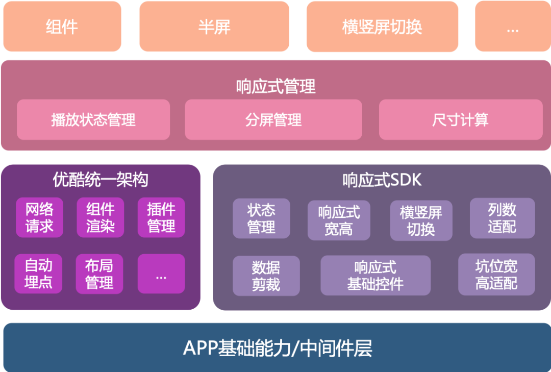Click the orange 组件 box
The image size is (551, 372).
click(62, 27)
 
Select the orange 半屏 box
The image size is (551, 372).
click(214, 27)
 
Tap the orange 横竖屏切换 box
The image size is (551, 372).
click(382, 27)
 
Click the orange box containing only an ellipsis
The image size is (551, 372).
click(513, 27)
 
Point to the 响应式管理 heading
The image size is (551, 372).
click(275, 86)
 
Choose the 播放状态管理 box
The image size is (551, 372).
click(93, 120)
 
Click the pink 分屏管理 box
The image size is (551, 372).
click(273, 120)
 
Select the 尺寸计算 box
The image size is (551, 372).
click(460, 120)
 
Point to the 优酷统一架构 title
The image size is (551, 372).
click(101, 179)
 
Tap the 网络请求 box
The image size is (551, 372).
click(39, 217)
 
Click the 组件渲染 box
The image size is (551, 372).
click(101, 217)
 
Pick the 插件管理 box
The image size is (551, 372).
click(161, 217)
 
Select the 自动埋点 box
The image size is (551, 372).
click(38, 274)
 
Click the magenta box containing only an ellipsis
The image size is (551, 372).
click(161, 274)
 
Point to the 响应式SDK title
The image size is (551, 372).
click(382, 180)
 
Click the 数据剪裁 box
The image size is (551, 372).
click(266, 276)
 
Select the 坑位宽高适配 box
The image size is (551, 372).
click(496, 275)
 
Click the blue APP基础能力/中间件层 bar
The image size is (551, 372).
click(275, 348)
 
